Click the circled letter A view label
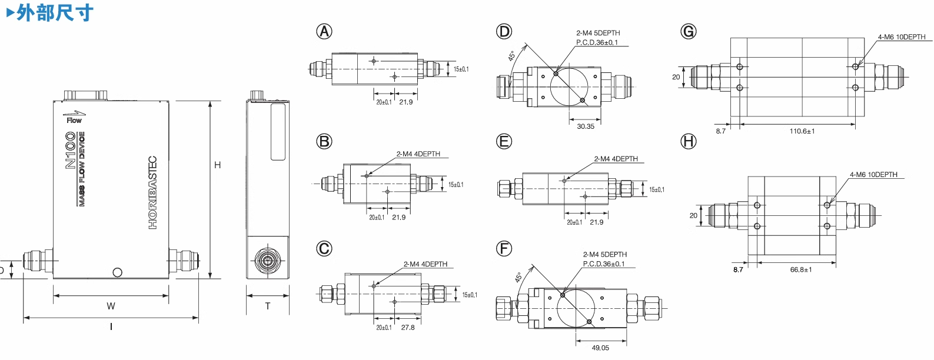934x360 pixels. tap(324, 32)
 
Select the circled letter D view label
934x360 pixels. tap(504, 32)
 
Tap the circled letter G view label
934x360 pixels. tap(688, 32)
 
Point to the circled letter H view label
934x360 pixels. tap(688, 141)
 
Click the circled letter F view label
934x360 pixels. tap(504, 249)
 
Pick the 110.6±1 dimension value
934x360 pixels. tap(802, 131)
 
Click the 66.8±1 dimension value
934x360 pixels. tap(800, 269)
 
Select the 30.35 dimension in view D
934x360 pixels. tap(585, 126)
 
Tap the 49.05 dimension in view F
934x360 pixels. tap(600, 348)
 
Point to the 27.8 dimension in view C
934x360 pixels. tap(408, 328)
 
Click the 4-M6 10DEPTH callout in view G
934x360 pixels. tap(901, 37)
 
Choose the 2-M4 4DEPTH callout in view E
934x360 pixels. tap(616, 159)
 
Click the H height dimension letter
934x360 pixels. tap(218, 165)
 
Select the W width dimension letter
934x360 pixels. tap(111, 306)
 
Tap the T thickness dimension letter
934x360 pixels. tap(268, 306)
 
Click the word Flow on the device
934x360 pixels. tap(74, 120)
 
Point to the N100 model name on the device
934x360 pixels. tap(70, 151)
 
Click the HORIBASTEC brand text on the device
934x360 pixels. tap(152, 192)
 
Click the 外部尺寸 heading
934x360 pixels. tap(55, 12)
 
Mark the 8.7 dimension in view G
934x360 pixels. tap(720, 131)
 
